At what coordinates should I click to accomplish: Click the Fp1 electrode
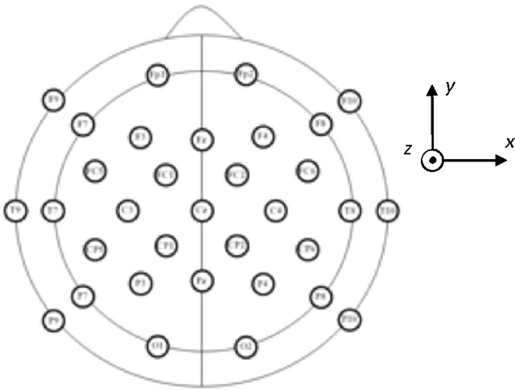pyautogui.click(x=158, y=75)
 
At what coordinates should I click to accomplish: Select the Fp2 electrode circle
pyautogui.click(x=245, y=75)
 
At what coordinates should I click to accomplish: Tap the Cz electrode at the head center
pyautogui.click(x=201, y=211)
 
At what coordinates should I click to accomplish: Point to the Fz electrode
pyautogui.click(x=201, y=139)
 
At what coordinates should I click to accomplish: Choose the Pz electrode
pyautogui.click(x=201, y=281)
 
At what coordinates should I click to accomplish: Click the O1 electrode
pyautogui.click(x=158, y=346)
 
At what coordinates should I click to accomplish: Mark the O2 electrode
pyautogui.click(x=245, y=347)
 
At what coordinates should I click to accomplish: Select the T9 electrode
pyautogui.click(x=15, y=211)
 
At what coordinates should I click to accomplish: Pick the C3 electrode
pyautogui.click(x=126, y=211)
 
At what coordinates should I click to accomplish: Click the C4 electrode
pyautogui.click(x=276, y=211)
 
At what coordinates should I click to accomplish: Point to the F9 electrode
pyautogui.click(x=54, y=101)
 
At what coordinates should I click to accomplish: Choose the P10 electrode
pyautogui.click(x=348, y=319)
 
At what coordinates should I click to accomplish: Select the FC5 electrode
pyautogui.click(x=95, y=170)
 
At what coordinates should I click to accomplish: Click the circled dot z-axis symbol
pyautogui.click(x=432, y=160)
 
